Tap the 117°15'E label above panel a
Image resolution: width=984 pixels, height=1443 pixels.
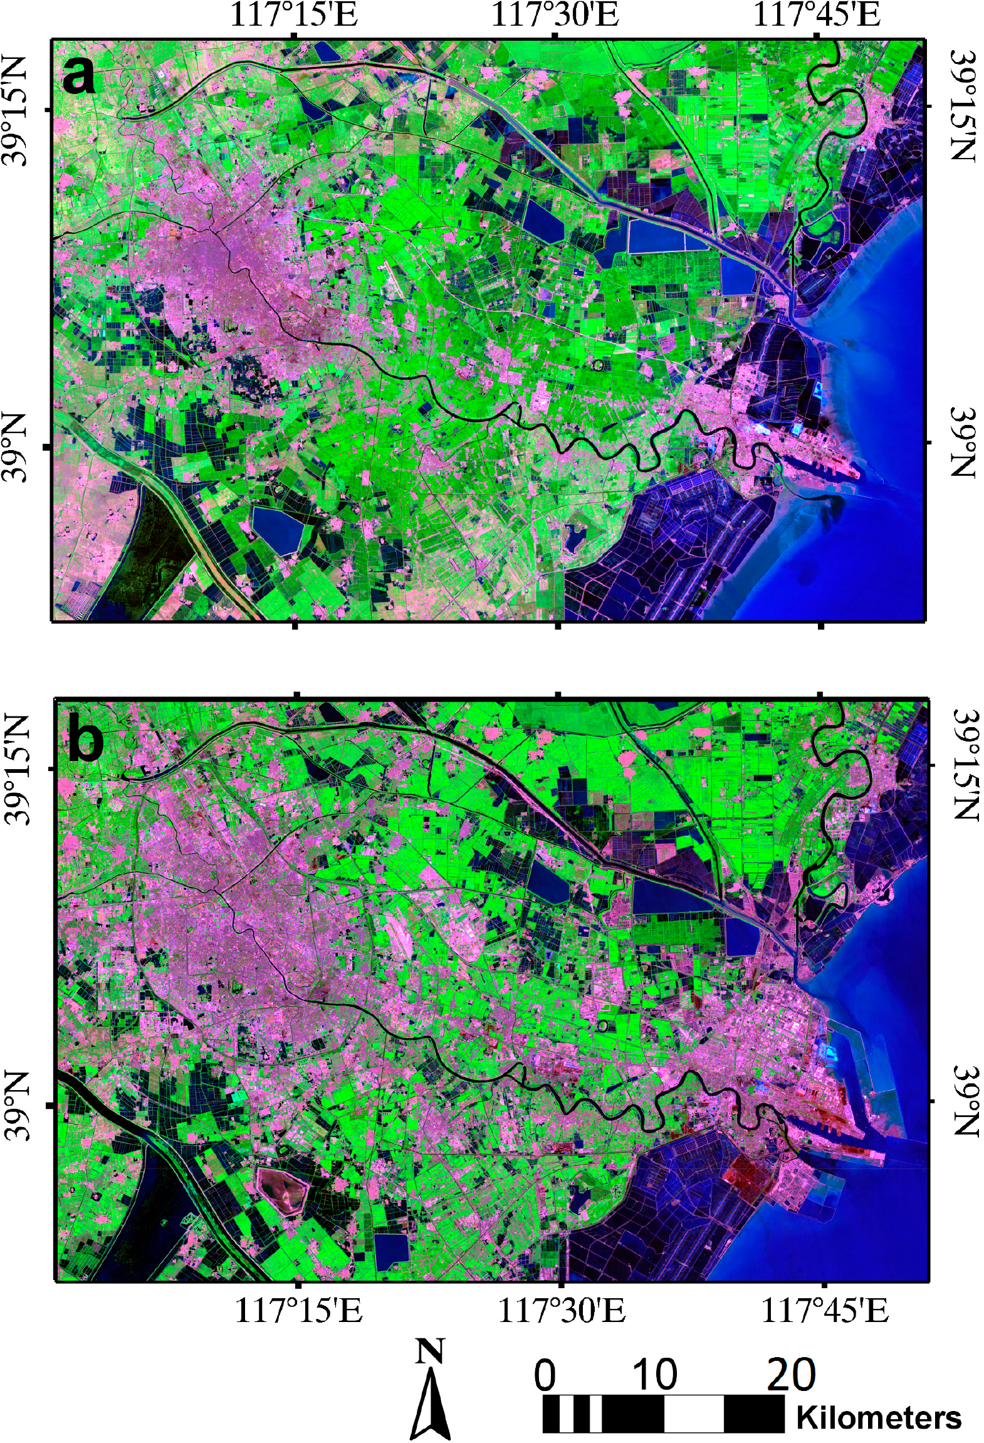coord(294,15)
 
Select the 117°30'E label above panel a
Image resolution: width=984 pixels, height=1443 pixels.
coord(555,15)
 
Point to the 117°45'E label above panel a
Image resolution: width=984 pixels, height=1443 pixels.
coord(816,15)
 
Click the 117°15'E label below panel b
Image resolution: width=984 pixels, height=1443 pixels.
coord(298,1309)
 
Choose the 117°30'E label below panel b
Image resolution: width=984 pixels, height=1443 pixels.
coord(562,1309)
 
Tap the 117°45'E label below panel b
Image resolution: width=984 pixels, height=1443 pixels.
coord(824,1309)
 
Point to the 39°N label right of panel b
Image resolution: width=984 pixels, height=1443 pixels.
coord(965,1101)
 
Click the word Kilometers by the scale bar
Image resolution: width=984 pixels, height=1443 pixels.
coord(878,1417)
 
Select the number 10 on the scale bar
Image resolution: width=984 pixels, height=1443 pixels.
coord(655,1375)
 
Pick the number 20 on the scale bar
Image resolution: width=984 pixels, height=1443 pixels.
coord(791,1375)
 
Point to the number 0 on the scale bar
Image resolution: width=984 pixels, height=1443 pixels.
coord(545,1375)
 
